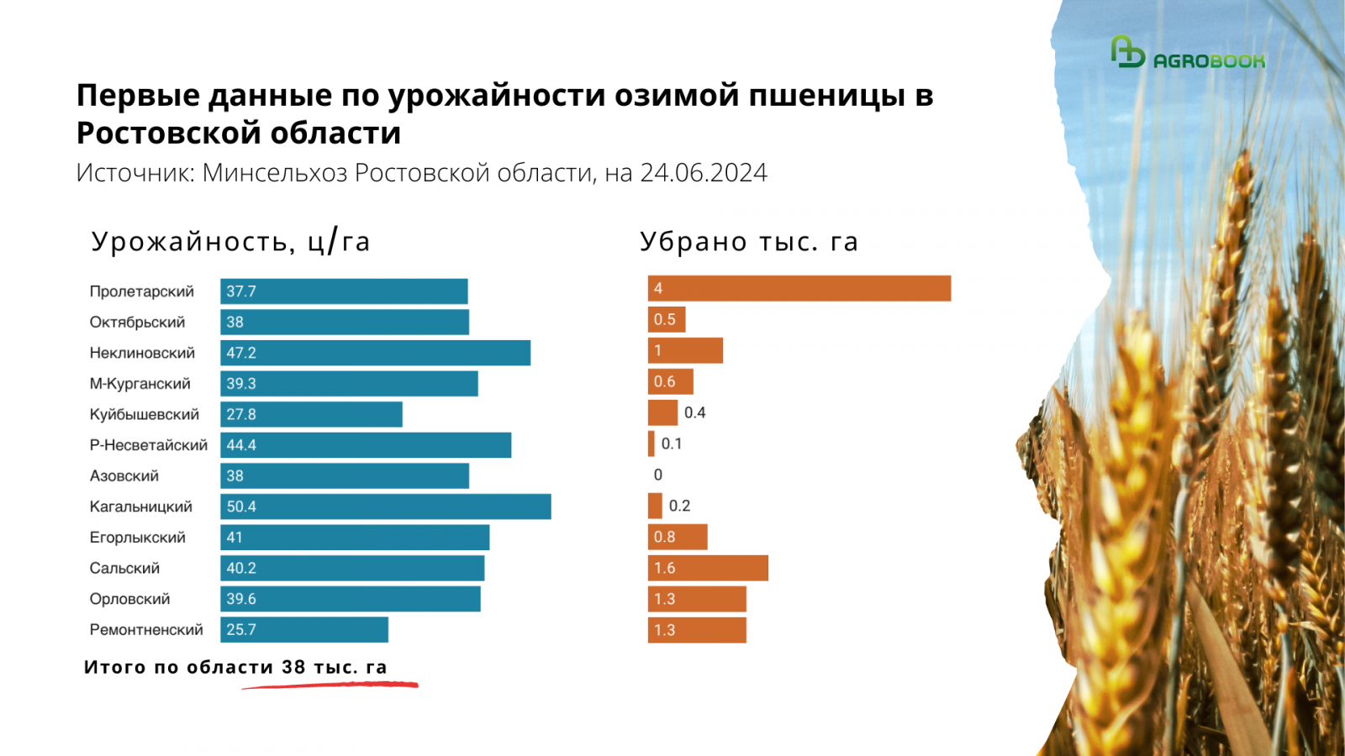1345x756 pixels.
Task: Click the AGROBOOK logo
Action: coord(1187,54)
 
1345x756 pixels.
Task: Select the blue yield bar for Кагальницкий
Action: coord(385,507)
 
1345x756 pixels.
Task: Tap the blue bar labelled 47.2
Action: coord(375,353)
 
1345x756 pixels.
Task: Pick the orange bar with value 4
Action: coord(799,288)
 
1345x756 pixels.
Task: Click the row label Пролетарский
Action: coord(141,291)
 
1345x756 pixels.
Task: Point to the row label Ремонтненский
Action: coord(146,630)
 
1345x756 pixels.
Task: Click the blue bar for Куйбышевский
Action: coord(311,414)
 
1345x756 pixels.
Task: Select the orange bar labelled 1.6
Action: coord(708,568)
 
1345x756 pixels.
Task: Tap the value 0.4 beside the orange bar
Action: coord(694,412)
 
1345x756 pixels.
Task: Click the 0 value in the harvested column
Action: coord(658,475)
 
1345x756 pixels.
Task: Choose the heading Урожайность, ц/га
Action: coord(230,242)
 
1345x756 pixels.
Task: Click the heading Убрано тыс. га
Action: coord(748,242)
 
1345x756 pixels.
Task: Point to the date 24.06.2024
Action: coord(704,173)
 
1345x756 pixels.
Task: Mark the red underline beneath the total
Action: coord(330,685)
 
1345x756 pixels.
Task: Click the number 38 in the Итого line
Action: coord(293,667)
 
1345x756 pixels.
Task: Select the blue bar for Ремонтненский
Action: coord(304,630)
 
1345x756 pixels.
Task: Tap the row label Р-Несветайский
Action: coord(148,445)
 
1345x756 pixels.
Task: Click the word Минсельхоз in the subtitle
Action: coord(274,173)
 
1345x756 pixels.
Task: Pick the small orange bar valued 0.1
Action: coord(651,444)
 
